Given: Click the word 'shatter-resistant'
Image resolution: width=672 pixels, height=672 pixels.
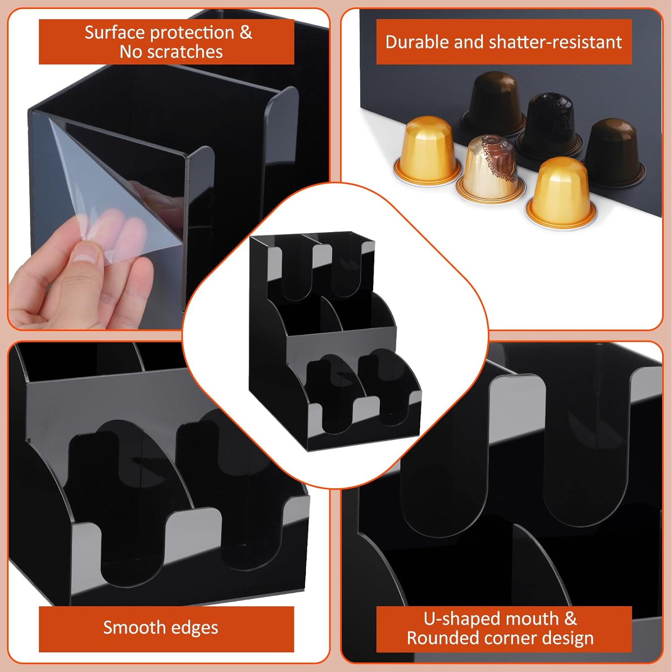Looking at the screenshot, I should click(x=555, y=42).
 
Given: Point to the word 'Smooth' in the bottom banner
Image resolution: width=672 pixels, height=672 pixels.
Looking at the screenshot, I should click(x=131, y=627).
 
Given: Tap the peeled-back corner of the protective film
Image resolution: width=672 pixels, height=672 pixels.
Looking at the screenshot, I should click(x=90, y=179).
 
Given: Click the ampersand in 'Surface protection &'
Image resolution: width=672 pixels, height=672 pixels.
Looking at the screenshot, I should click(x=246, y=33).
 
